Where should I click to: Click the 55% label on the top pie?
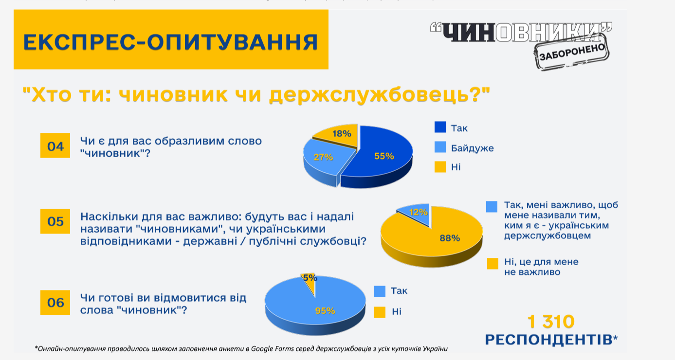click(x=384, y=156)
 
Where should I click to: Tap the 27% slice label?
click(x=323, y=157)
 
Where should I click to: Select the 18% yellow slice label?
click(x=342, y=133)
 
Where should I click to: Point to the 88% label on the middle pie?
click(x=449, y=238)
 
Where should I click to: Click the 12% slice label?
click(x=419, y=212)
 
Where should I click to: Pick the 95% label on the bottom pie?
click(x=325, y=310)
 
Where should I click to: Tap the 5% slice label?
click(x=310, y=278)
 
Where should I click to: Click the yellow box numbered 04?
click(x=55, y=146)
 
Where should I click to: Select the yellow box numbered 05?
click(x=55, y=222)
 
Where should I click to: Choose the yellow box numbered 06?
click(x=55, y=303)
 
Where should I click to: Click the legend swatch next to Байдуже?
click(x=440, y=147)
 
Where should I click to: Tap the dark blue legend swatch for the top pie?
click(x=440, y=127)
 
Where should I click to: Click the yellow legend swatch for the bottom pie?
click(x=380, y=311)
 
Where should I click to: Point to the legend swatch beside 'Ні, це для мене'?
click(x=493, y=263)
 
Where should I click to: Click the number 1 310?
click(x=551, y=322)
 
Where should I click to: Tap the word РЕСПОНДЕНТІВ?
click(x=548, y=339)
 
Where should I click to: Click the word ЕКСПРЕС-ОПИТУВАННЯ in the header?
click(x=170, y=42)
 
